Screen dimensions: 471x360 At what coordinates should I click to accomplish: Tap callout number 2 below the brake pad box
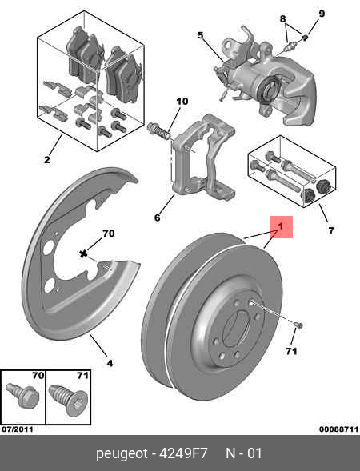pos(47,160)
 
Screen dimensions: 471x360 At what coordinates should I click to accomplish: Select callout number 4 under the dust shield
pos(110,363)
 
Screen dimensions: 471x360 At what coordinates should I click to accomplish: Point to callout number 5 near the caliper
pos(201,35)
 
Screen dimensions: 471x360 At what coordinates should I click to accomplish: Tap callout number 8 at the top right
pos(282,18)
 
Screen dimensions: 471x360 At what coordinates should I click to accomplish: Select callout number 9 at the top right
pos(322,13)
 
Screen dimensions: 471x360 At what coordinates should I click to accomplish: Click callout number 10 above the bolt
pos(182,101)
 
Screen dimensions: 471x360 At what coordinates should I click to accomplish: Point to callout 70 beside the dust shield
pos(108,234)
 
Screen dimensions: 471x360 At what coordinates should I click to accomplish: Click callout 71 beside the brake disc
pos(291,350)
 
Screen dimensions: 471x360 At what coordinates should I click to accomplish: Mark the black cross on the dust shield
pos(83,253)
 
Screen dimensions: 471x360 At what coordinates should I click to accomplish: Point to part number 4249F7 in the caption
pos(185,454)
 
